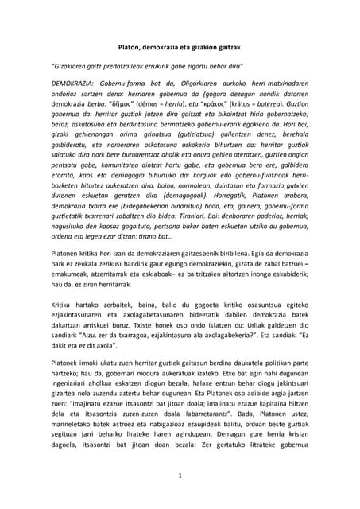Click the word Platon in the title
tap(121, 47)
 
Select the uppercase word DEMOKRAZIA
tap(72, 82)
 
